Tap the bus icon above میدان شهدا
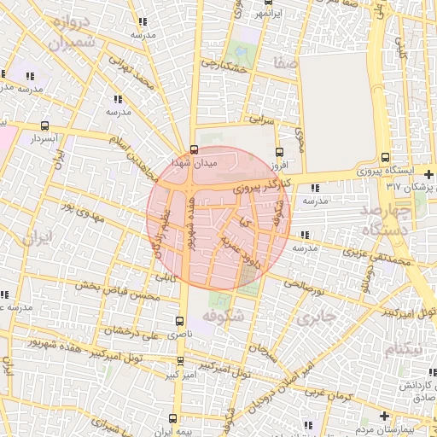click(195, 149)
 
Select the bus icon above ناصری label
click(178, 322)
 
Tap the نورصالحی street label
click(306, 283)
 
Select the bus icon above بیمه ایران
click(173, 419)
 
